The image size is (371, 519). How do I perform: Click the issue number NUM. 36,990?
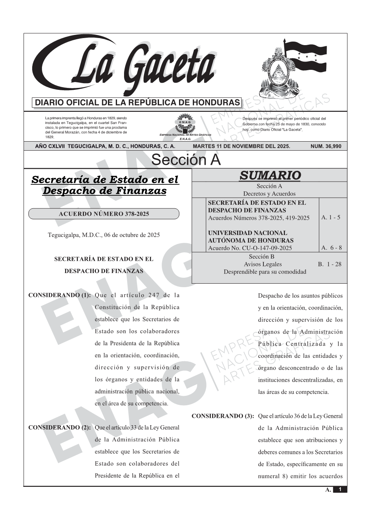click(x=326, y=146)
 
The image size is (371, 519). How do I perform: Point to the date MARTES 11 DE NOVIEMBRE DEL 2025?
click(x=241, y=146)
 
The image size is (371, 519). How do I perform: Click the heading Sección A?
click(x=186, y=160)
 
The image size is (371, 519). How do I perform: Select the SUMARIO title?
click(x=270, y=175)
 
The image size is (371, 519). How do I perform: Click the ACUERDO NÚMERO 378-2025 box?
click(x=104, y=214)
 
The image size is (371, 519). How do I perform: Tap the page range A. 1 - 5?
click(x=331, y=217)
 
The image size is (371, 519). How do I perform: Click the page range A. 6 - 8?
click(x=331, y=248)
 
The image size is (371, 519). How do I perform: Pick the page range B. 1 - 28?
click(x=329, y=264)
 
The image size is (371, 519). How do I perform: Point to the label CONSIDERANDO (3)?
click(x=223, y=416)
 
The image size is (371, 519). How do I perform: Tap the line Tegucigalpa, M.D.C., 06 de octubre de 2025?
click(x=104, y=235)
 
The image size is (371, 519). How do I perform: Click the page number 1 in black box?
click(x=340, y=490)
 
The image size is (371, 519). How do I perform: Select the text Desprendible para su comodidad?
click(x=265, y=271)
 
